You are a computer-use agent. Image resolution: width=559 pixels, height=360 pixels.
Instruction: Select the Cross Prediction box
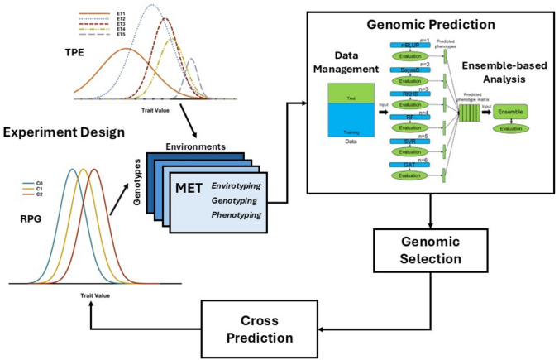pos(262,329)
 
